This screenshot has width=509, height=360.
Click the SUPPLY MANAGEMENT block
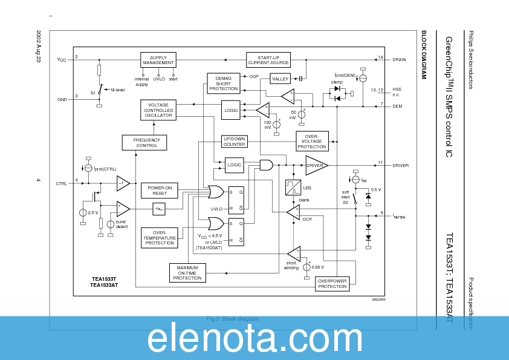[158, 60]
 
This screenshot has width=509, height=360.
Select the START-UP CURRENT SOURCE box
[268, 60]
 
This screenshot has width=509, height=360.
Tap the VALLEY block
[280, 79]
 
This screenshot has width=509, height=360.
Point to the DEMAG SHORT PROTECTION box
[224, 82]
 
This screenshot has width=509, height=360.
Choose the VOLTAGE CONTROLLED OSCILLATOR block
[158, 110]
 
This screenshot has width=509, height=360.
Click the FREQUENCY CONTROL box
[144, 142]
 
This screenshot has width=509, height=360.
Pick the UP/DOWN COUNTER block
[234, 141]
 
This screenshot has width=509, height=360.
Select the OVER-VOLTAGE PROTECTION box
[312, 141]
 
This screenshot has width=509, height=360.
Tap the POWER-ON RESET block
[159, 191]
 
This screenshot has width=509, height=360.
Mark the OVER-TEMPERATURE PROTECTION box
[160, 237]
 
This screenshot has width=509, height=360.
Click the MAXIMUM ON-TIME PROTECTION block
[187, 272]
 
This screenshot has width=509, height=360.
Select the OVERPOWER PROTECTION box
[332, 283]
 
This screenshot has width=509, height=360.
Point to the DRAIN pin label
[400, 60]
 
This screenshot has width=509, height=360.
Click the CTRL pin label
[62, 183]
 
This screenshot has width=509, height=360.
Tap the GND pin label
[62, 99]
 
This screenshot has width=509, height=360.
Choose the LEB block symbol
[293, 188]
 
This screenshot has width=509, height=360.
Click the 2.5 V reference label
[92, 213]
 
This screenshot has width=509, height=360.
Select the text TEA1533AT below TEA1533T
[104, 284]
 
